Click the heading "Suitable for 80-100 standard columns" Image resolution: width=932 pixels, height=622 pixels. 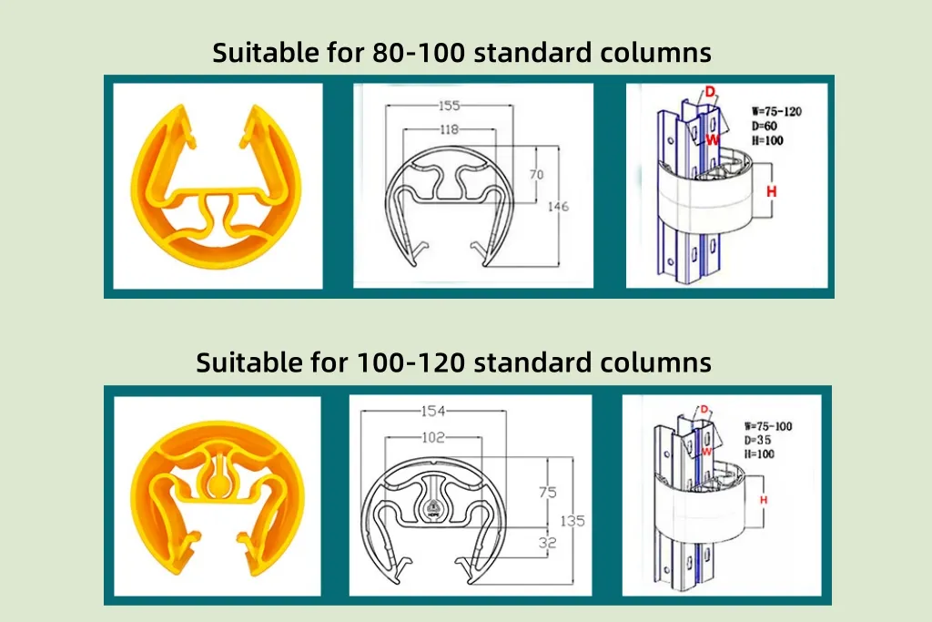pyautogui.click(x=461, y=53)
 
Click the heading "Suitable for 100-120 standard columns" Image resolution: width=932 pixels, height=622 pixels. pyautogui.click(x=453, y=362)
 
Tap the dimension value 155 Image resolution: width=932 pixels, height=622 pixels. pyautogui.click(x=449, y=106)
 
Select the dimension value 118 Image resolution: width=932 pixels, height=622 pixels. pyautogui.click(x=449, y=130)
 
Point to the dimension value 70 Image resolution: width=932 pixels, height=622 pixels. pyautogui.click(x=537, y=173)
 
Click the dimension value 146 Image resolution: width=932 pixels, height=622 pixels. pyautogui.click(x=558, y=207)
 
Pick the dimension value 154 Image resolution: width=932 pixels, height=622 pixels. pyautogui.click(x=433, y=411)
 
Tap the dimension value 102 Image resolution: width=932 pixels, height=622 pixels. pyautogui.click(x=433, y=437)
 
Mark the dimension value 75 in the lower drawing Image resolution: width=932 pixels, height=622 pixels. pyautogui.click(x=547, y=492)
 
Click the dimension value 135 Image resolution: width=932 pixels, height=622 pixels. pyautogui.click(x=572, y=521)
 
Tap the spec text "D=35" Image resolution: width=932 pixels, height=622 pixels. pyautogui.click(x=757, y=440)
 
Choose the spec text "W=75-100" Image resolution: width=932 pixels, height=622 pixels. pyautogui.click(x=767, y=425)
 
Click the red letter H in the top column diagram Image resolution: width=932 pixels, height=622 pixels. pyautogui.click(x=772, y=191)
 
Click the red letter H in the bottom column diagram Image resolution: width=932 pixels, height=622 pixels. pyautogui.click(x=763, y=500)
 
